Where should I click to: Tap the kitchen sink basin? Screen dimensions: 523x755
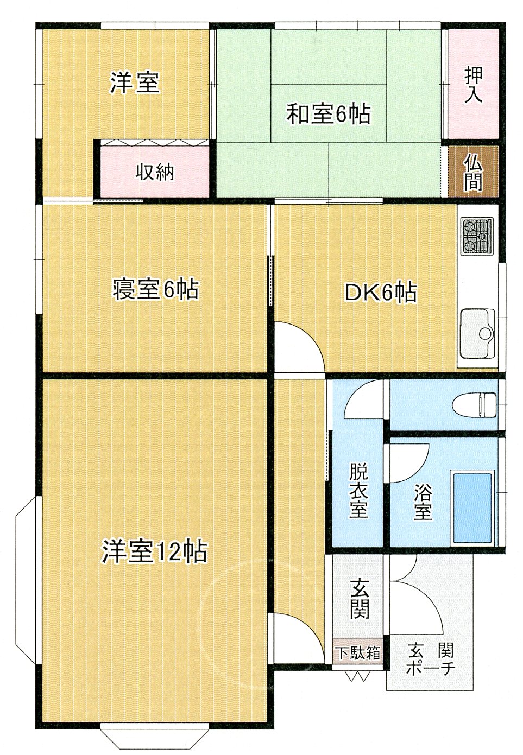[x=477, y=333]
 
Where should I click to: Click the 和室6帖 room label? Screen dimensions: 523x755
[x=329, y=114]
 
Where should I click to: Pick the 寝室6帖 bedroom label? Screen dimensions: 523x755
[x=155, y=289]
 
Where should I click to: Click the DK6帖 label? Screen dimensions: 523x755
[x=380, y=292]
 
